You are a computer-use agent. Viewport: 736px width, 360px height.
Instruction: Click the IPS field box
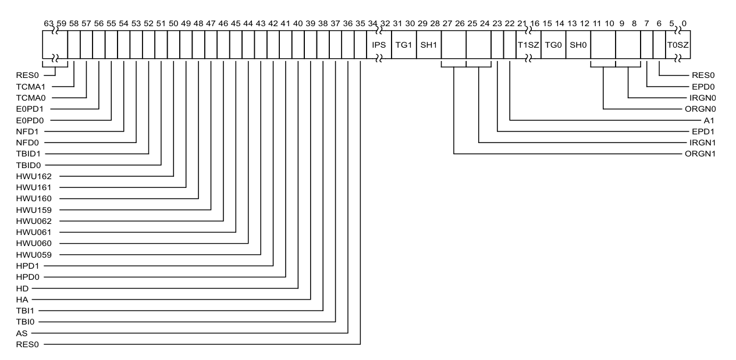(379, 44)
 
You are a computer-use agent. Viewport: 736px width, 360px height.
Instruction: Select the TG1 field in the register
(404, 44)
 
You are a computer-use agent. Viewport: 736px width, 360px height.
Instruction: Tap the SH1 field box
(429, 44)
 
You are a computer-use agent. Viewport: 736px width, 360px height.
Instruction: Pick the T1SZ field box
(528, 44)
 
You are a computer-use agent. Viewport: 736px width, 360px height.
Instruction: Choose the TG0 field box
(553, 44)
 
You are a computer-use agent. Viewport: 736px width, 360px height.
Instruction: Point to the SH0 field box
(578, 44)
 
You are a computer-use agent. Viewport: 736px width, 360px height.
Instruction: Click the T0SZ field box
(677, 44)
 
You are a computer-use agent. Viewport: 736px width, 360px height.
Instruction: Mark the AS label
(23, 333)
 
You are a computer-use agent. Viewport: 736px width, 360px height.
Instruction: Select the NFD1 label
(27, 131)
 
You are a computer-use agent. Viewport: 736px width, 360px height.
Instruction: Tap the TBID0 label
(28, 165)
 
